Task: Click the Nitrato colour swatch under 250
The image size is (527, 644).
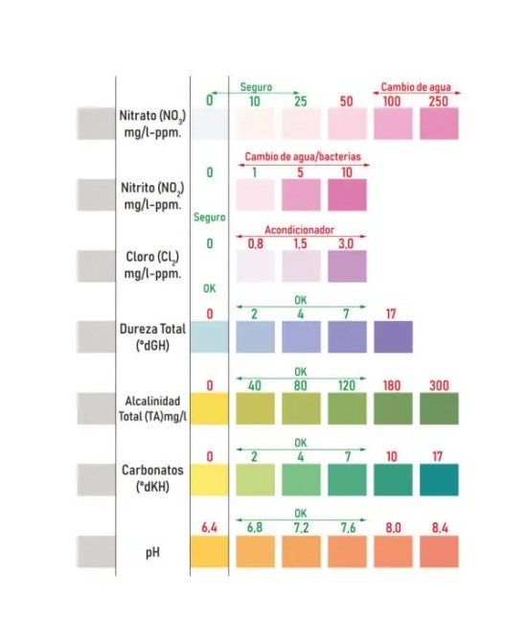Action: coord(439,124)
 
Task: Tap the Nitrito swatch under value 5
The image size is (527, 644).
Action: coord(301,195)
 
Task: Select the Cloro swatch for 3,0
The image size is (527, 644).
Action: coord(347,266)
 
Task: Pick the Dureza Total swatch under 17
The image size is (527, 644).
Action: coord(393,336)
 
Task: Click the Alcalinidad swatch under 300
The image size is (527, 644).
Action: coord(439,408)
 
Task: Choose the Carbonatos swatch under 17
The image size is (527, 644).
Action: coord(439,480)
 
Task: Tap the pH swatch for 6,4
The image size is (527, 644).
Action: coord(209,551)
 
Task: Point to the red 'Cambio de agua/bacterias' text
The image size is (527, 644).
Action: coord(303,156)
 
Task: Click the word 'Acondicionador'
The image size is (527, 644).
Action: coord(300,230)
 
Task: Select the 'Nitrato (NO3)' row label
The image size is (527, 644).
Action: coord(152,116)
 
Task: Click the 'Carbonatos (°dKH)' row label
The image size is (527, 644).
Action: coord(152,478)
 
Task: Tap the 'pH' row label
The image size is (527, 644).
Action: coord(152,553)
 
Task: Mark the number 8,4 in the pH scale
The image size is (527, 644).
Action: coord(440,527)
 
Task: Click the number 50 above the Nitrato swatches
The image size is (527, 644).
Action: coord(346,101)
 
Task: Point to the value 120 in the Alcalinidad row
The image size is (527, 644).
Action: coord(346,385)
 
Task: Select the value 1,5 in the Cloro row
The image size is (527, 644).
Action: coord(300,243)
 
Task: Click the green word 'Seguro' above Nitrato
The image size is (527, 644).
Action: coord(256,87)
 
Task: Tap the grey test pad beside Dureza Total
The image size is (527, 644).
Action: coord(96,336)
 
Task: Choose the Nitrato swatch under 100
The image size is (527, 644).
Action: coord(393,124)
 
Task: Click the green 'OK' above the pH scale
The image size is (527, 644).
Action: coord(300,514)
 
